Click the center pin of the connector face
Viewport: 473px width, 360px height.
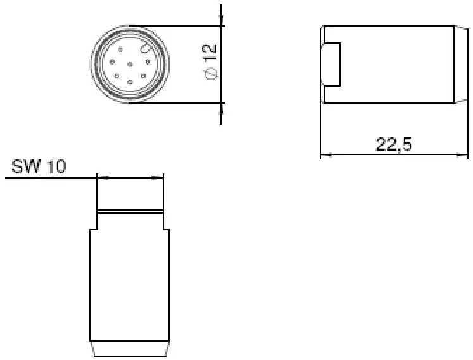pyautogui.click(x=129, y=64)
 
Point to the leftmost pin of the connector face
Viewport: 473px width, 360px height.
pyautogui.click(x=111, y=62)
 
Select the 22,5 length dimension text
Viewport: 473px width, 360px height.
pyautogui.click(x=394, y=145)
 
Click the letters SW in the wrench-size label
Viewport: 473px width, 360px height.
pyautogui.click(x=25, y=167)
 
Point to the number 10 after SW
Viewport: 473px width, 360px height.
pyautogui.click(x=56, y=167)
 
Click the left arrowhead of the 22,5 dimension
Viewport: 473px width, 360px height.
pyautogui.click(x=325, y=154)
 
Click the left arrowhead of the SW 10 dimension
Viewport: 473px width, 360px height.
pyautogui.click(x=103, y=178)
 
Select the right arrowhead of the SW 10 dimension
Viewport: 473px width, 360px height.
pyautogui.click(x=158, y=178)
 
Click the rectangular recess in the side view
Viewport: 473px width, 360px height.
pyautogui.click(x=332, y=65)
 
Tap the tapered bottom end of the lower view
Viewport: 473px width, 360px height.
pyautogui.click(x=129, y=349)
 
